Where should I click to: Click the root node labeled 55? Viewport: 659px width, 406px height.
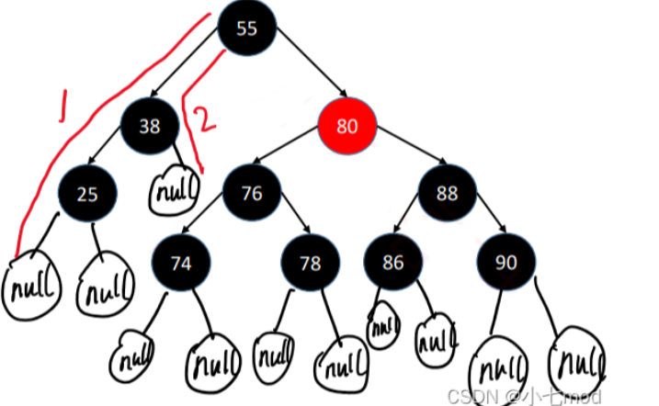pos(247,28)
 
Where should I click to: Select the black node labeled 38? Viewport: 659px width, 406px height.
pos(149,127)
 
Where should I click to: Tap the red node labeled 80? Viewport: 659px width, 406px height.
pos(347,127)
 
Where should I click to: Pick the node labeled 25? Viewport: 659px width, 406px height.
pos(85,193)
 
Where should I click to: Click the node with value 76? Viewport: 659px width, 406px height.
pos(251,193)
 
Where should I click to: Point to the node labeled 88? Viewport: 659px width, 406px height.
pos(448,193)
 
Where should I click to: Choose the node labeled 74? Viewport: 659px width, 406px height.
pos(181,263)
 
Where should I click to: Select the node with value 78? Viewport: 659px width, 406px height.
pos(310,263)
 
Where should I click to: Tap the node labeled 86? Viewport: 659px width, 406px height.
pos(392,263)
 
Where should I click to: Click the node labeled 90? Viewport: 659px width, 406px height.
pos(506,263)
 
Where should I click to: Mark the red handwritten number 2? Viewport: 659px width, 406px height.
pos(207,121)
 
